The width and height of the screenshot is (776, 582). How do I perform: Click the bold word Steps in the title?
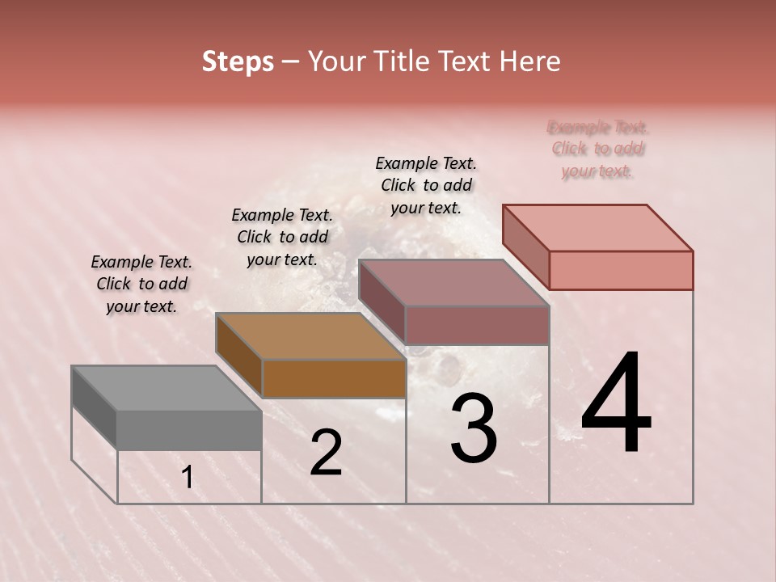pyautogui.click(x=238, y=62)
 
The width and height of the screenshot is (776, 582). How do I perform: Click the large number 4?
pyautogui.click(x=616, y=403)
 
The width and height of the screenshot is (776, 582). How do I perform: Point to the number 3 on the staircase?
pyautogui.click(x=474, y=428)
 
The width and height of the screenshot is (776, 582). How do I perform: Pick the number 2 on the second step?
pyautogui.click(x=326, y=453)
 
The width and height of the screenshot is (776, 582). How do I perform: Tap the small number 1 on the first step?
pyautogui.click(x=188, y=478)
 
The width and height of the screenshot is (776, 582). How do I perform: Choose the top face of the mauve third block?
pyautogui.click(x=453, y=283)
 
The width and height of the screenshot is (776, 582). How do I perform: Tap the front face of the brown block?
pyautogui.click(x=334, y=378)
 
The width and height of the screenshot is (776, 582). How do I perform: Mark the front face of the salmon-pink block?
pyautogui.click(x=621, y=270)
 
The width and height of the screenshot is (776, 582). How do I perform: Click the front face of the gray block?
pyautogui.click(x=189, y=430)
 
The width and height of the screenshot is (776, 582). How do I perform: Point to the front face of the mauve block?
pyautogui.click(x=477, y=325)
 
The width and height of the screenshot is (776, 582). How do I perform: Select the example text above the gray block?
pyautogui.click(x=141, y=285)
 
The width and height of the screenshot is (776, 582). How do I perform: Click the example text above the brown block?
pyautogui.click(x=282, y=238)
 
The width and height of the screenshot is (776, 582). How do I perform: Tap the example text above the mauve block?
pyautogui.click(x=426, y=185)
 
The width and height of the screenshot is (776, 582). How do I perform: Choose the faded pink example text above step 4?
pyautogui.click(x=597, y=149)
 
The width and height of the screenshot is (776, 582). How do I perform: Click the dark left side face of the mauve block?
pyautogui.click(x=382, y=301)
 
